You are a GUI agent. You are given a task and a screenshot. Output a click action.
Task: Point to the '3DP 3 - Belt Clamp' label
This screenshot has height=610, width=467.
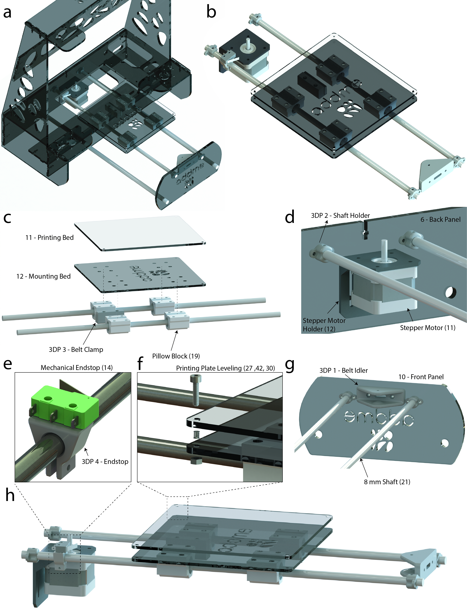pyautogui.click(x=76, y=349)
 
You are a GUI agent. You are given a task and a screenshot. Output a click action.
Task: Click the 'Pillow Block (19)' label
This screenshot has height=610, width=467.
pyautogui.click(x=176, y=356)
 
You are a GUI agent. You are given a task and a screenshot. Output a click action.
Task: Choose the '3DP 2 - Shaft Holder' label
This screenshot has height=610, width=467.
pyautogui.click(x=340, y=215)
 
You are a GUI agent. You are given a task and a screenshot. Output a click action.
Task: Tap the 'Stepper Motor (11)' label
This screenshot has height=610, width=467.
pyautogui.click(x=427, y=328)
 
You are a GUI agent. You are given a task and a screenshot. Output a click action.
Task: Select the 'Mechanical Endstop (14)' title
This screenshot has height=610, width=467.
pyautogui.click(x=77, y=368)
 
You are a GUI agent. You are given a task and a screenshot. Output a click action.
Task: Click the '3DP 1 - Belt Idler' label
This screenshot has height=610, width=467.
pyautogui.click(x=344, y=370)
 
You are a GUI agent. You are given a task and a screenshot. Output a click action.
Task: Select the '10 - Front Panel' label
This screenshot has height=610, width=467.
pyautogui.click(x=421, y=377)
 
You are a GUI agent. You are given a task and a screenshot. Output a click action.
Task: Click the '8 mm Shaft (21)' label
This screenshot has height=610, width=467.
pyautogui.click(x=387, y=482)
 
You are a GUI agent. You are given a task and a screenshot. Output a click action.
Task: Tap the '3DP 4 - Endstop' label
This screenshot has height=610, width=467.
pyautogui.click(x=105, y=461)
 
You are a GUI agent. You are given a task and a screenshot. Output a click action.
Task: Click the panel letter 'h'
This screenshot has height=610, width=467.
pyautogui.click(x=10, y=495)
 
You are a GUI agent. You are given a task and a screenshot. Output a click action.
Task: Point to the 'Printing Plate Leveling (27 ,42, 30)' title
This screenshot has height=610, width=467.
pyautogui.click(x=226, y=368)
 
